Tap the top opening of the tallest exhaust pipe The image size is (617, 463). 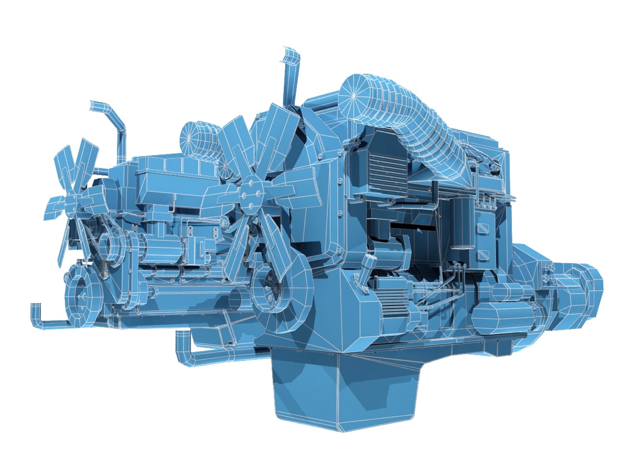[x=291, y=54]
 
